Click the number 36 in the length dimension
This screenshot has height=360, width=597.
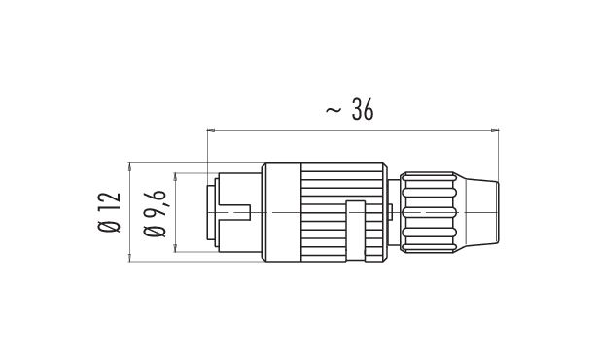pos(363,110)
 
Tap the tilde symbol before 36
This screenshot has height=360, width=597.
pos(334,110)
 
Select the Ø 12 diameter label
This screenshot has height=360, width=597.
pos(109,212)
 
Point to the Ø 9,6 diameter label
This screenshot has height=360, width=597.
pos(155,213)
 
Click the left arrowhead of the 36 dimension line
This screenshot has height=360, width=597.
pos(211,130)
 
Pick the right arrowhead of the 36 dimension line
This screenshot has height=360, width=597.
pos(495,130)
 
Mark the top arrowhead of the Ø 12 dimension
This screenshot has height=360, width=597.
pos(130,166)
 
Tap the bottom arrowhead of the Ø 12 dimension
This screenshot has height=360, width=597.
pos(130,258)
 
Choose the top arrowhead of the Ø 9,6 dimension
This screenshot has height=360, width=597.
pos(176,176)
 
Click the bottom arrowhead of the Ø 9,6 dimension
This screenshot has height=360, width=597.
pos(176,248)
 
